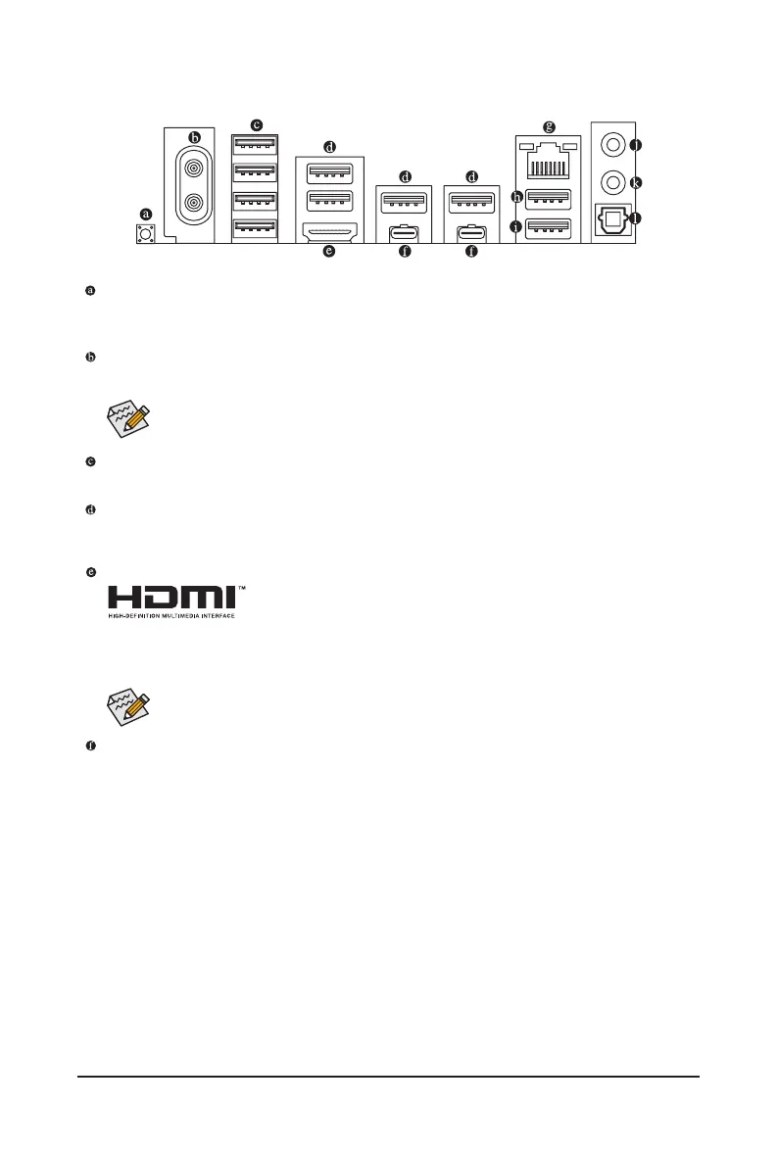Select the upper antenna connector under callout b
click(192, 168)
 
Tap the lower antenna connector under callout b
click(192, 204)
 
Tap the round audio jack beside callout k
click(611, 181)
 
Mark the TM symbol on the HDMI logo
click(241, 589)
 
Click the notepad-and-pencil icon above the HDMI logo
click(127, 419)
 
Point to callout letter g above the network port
click(550, 126)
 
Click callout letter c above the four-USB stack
click(257, 124)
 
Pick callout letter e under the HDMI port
click(329, 252)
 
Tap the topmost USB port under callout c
click(256, 145)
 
